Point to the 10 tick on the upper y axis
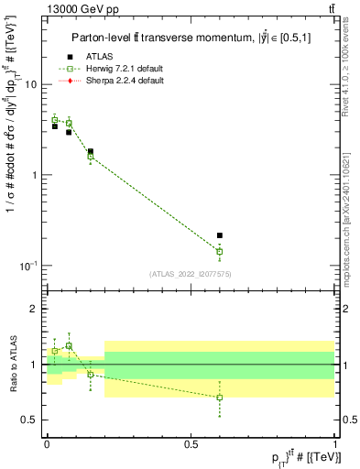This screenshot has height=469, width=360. [30, 84]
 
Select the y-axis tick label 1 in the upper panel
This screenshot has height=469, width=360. [35, 175]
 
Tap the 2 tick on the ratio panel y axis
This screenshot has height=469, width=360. [35, 309]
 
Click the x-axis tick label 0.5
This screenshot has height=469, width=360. [191, 444]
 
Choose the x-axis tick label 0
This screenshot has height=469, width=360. [47, 444]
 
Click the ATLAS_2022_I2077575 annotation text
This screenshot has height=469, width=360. [191, 274]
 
